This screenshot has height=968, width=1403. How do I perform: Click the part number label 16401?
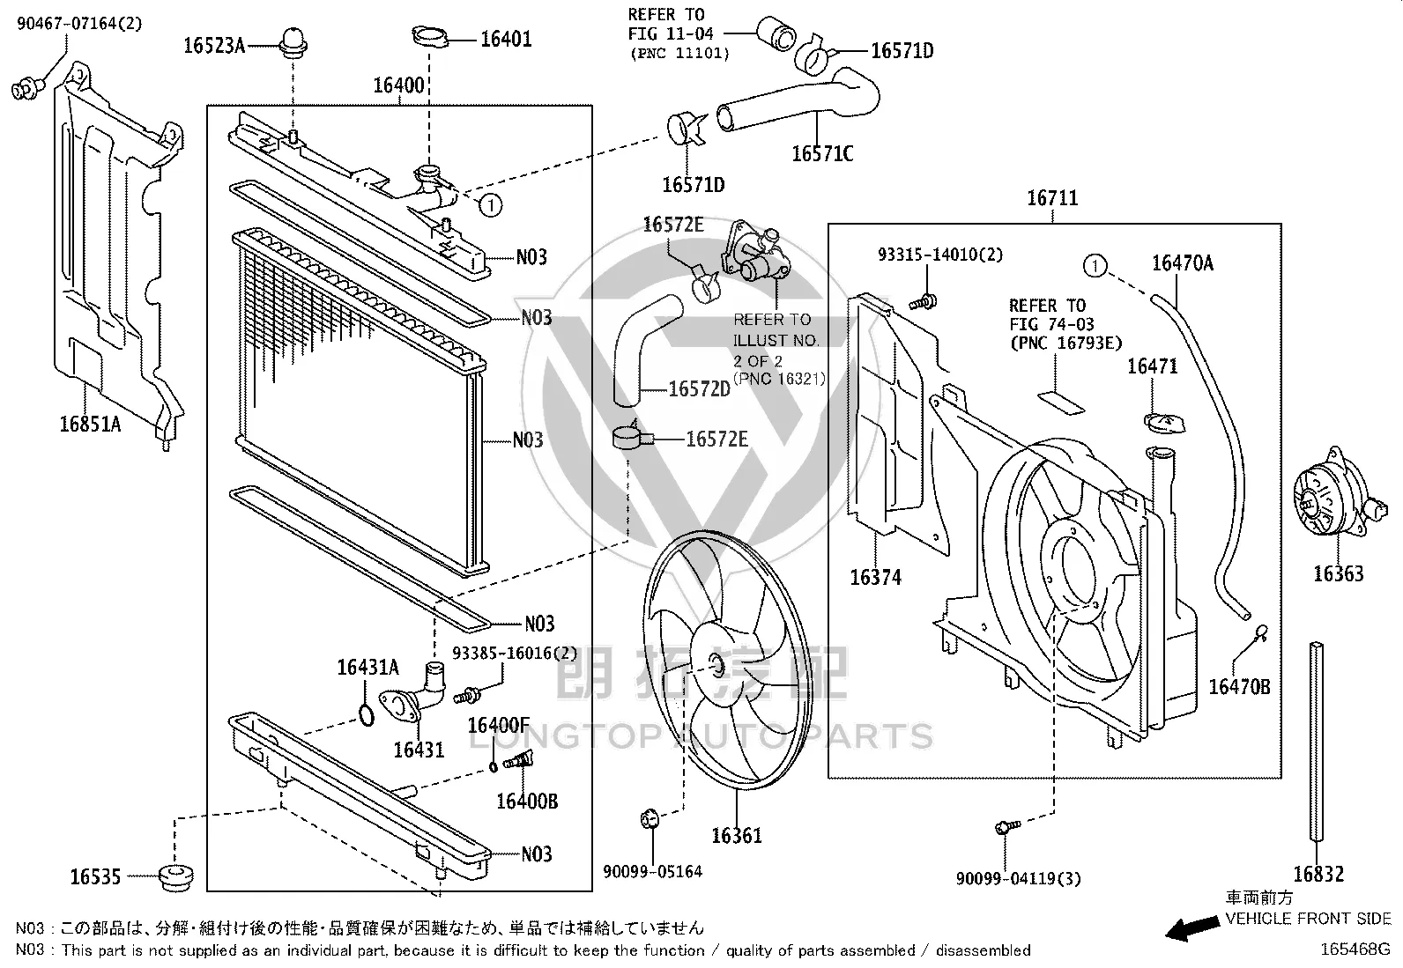[506, 40]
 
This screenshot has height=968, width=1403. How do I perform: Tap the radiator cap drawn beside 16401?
[430, 36]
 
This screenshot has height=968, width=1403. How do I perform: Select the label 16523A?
[214, 46]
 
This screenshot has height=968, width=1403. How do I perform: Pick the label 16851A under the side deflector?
[90, 425]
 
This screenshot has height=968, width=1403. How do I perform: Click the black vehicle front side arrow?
[1192, 928]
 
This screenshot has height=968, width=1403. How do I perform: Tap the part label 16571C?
[822, 154]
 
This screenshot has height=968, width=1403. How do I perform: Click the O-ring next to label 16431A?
[367, 715]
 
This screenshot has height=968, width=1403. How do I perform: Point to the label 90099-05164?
[653, 872]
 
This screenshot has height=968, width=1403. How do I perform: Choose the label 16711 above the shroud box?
[1053, 198]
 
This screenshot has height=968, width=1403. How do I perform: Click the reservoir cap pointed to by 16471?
[1164, 424]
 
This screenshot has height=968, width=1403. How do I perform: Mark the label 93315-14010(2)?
[940, 255]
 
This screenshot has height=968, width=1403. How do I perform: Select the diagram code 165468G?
[1355, 950]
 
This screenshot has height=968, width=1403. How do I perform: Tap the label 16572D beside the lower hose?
[700, 389]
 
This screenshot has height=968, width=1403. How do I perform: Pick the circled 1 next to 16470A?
[1095, 266]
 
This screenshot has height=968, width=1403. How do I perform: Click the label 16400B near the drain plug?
[527, 802]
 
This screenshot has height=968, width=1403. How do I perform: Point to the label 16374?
[876, 577]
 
